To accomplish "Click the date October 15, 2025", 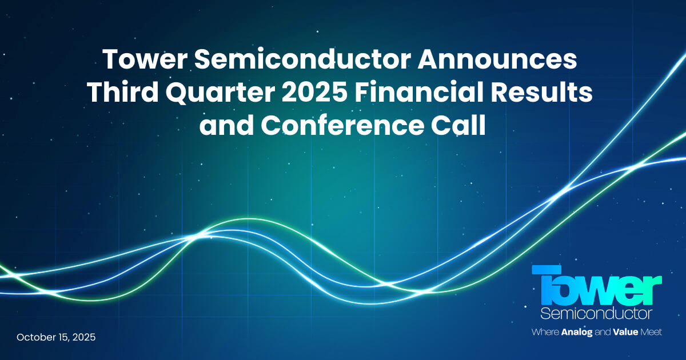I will [56, 337].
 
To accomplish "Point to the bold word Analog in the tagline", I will [580, 332].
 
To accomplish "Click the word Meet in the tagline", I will [651, 332].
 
